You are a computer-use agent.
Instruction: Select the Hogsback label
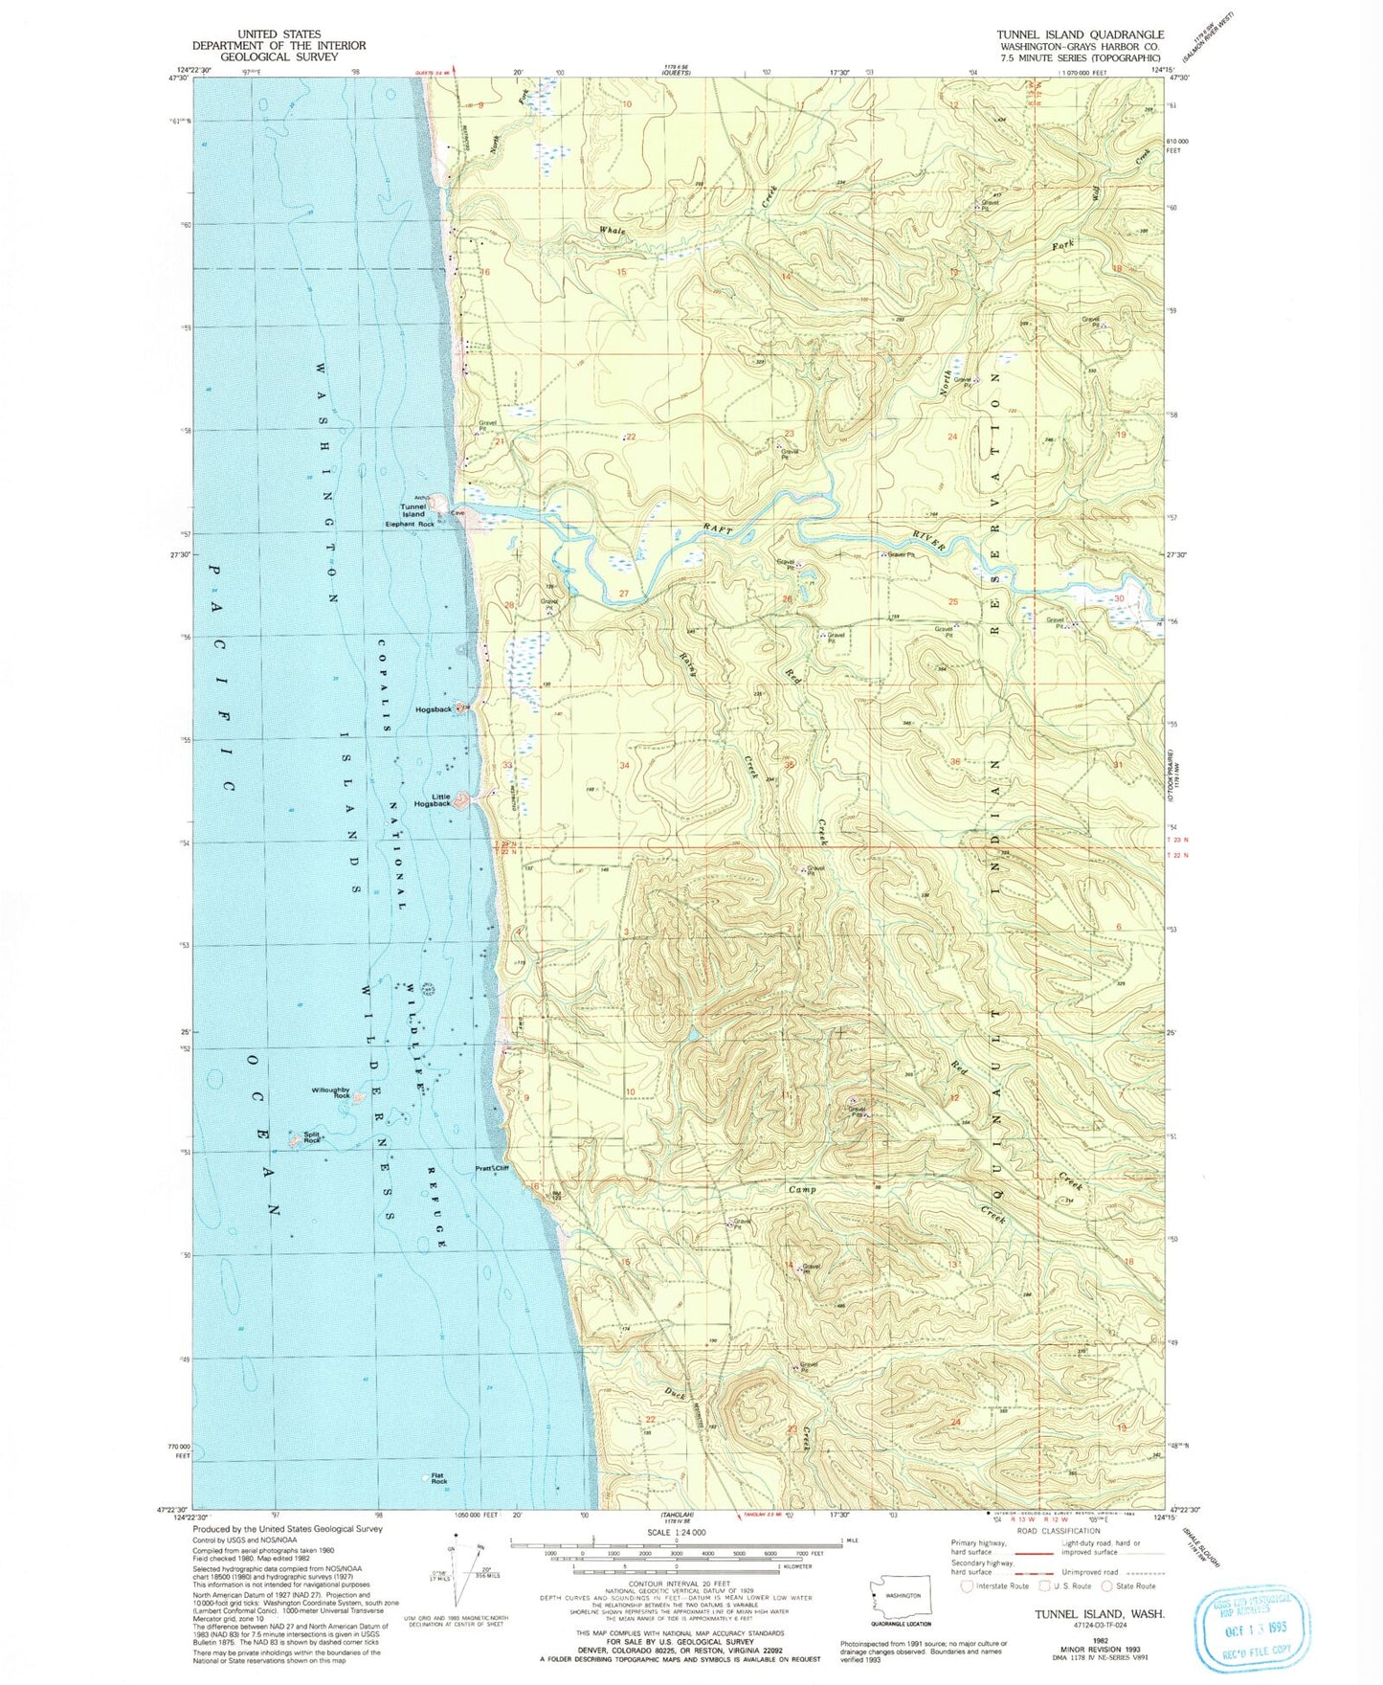click(434, 709)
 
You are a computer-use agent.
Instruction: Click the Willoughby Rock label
click(330, 1092)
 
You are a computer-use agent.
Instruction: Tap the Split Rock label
click(311, 1137)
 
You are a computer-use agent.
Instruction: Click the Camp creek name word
click(801, 1189)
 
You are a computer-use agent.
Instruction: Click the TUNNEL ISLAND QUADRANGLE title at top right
click(1080, 34)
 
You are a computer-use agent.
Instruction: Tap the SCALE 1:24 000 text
click(676, 1533)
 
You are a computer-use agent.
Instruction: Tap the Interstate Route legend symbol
click(968, 1585)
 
